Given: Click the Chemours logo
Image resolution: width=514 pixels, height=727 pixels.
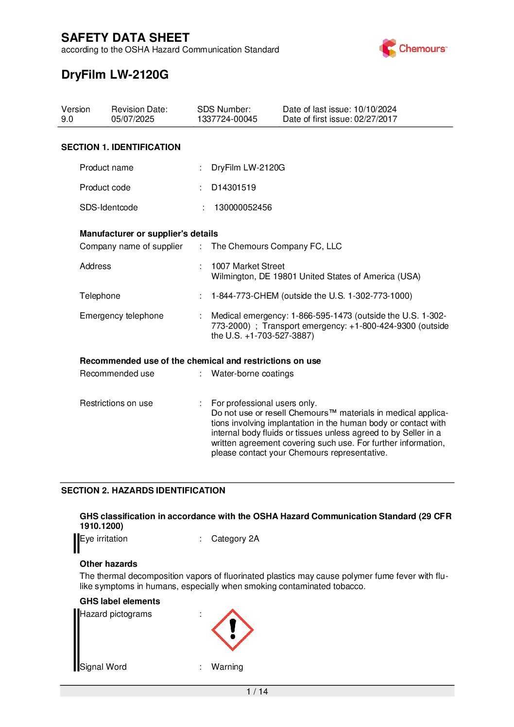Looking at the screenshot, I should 413,49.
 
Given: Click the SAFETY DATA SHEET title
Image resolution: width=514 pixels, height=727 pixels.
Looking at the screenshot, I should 125,38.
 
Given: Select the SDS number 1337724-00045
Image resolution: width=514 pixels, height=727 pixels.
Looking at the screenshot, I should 227,119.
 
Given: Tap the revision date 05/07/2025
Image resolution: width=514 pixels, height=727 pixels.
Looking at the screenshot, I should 133,119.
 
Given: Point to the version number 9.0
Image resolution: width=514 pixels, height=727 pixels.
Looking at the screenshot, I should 67,119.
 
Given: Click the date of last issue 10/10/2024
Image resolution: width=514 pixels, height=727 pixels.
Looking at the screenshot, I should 375,109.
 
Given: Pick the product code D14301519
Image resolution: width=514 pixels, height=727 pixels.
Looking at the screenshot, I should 233,187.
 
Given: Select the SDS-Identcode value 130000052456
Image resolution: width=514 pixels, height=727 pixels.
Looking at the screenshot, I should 243,207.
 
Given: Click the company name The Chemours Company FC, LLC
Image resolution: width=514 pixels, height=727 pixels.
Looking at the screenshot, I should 276,246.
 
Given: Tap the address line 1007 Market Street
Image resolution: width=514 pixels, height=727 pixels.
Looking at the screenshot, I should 248,266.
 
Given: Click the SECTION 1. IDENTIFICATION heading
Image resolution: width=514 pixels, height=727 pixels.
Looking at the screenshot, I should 120,147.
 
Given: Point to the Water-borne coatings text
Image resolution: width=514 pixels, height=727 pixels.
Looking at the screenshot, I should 252,373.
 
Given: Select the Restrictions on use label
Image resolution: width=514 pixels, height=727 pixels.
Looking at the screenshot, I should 116,403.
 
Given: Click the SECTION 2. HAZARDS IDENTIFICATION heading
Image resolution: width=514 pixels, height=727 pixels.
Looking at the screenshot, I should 143,490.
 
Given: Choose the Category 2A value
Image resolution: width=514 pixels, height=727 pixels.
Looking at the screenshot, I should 235,539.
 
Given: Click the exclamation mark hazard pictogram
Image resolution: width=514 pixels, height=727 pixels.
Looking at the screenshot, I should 232,630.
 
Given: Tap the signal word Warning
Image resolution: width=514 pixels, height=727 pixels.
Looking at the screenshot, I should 227,667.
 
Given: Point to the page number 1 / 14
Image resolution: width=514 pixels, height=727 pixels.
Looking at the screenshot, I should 257,692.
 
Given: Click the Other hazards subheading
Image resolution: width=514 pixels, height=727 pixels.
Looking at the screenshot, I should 108,564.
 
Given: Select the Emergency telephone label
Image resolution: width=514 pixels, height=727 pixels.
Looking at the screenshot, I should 121,316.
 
